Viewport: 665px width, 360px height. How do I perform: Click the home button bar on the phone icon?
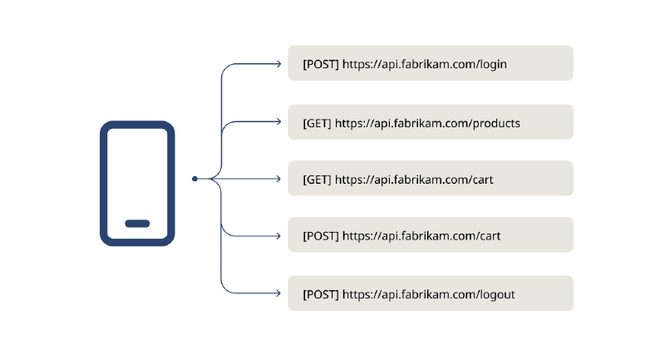pyautogui.click(x=137, y=224)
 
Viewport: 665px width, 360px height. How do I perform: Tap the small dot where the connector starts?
pyautogui.click(x=195, y=179)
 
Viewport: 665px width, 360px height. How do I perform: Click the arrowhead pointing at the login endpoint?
pyautogui.click(x=278, y=64)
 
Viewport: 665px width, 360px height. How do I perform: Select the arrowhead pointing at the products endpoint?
pyautogui.click(x=278, y=121)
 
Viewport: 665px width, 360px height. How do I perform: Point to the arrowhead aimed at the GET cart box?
pyautogui.click(x=278, y=179)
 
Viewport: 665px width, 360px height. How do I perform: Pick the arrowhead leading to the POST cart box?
pyautogui.click(x=278, y=236)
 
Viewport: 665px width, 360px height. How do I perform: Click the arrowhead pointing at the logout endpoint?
pyautogui.click(x=278, y=293)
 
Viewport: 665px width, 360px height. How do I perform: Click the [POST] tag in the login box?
pyautogui.click(x=321, y=64)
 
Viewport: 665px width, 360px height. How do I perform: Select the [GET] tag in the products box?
pyautogui.click(x=317, y=123)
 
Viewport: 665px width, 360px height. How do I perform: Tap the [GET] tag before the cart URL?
pyautogui.click(x=317, y=180)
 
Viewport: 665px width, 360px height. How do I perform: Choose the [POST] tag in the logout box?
pyautogui.click(x=321, y=294)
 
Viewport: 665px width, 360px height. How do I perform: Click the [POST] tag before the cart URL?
pyautogui.click(x=321, y=236)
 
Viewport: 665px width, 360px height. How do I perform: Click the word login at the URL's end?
pyautogui.click(x=493, y=65)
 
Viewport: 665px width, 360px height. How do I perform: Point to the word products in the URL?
pyautogui.click(x=496, y=123)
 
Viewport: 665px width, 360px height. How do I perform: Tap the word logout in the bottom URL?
pyautogui.click(x=497, y=294)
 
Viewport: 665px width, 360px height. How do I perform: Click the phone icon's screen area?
pyautogui.click(x=137, y=174)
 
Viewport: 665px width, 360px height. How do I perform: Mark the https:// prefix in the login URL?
pyautogui.click(x=362, y=65)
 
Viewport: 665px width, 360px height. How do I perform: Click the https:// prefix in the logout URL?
pyautogui.click(x=362, y=294)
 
